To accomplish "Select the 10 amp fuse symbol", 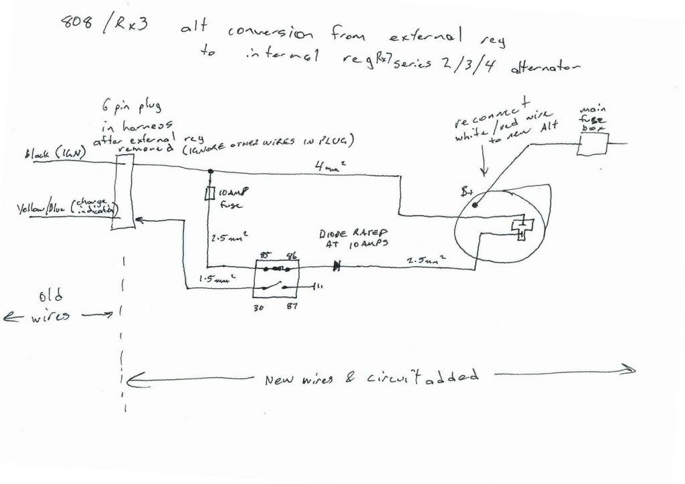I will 209,194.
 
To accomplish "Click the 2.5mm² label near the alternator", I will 423,257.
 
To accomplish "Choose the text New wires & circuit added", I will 371,378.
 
